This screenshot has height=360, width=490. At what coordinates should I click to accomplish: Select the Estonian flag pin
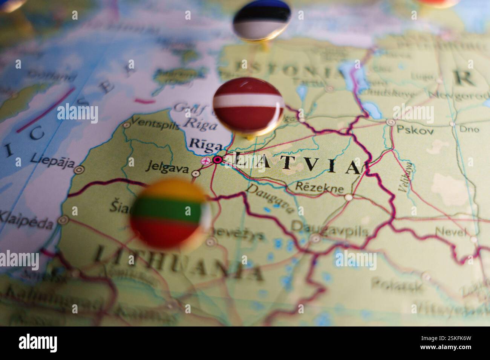click(x=262, y=20)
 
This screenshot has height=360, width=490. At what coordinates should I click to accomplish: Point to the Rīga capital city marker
click(x=217, y=160)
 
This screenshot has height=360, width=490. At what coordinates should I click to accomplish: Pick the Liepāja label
click(x=52, y=159)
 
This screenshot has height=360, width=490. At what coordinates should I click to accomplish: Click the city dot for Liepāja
click(x=79, y=170)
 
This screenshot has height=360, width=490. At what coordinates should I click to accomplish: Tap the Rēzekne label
click(x=320, y=187)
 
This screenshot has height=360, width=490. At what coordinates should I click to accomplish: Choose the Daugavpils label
click(x=329, y=228)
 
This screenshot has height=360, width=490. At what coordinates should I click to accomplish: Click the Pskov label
click(x=415, y=130)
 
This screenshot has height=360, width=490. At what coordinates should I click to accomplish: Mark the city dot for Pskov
click(x=391, y=122)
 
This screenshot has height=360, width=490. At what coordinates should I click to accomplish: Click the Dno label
click(x=469, y=129)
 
